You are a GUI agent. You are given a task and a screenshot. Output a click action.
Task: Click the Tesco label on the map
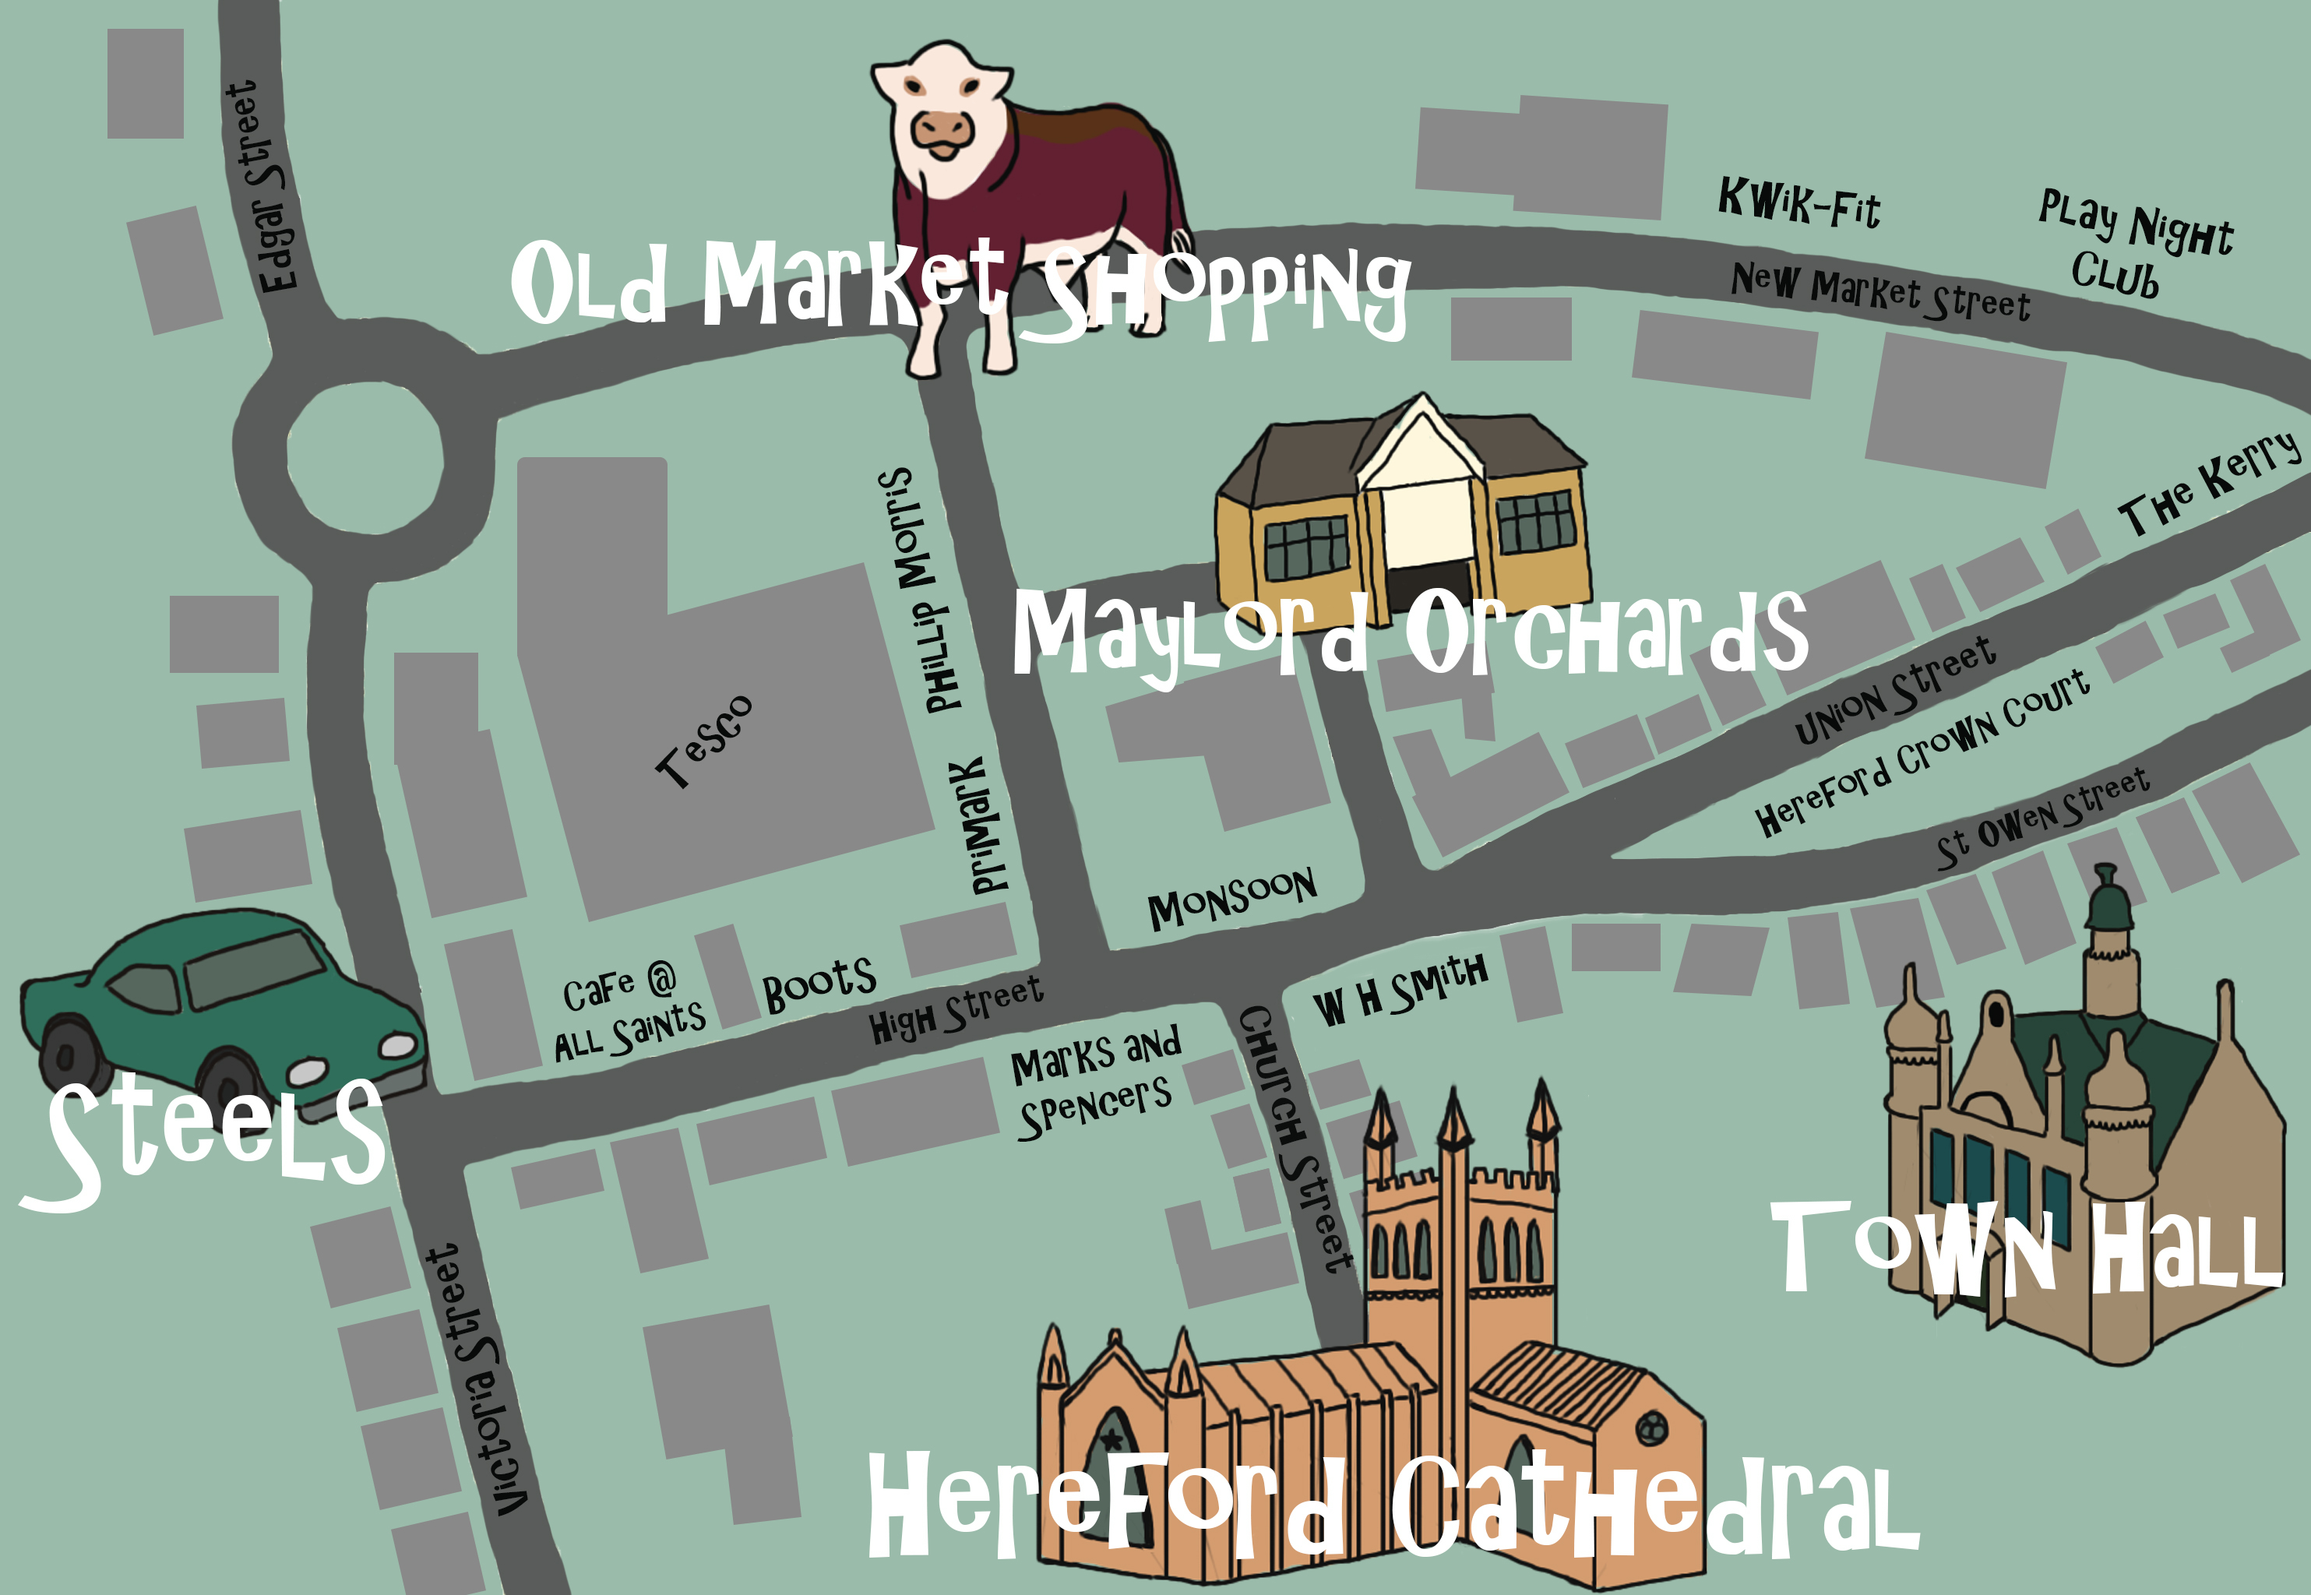703,741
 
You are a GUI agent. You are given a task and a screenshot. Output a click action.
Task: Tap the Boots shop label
819,985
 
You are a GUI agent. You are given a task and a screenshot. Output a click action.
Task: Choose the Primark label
980,825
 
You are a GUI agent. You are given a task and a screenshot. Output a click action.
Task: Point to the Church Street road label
1295,1139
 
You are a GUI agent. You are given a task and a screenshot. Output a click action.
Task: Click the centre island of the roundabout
365,459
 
